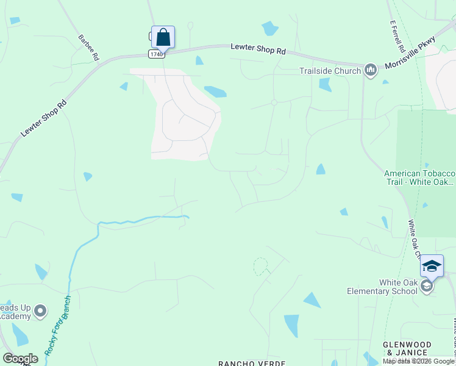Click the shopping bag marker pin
(163, 37)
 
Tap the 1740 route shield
(157, 54)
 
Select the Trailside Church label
(330, 71)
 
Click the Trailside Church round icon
(371, 71)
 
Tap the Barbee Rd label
(88, 46)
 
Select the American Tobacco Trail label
(419, 178)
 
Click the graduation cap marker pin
(432, 267)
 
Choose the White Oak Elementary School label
(382, 287)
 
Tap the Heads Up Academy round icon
(41, 311)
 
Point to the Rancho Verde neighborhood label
(252, 363)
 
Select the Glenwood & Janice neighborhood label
(407, 348)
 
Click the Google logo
(20, 359)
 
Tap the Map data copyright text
(418, 361)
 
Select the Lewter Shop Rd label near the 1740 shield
(258, 49)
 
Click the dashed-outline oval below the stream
(260, 266)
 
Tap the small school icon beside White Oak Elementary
(427, 286)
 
